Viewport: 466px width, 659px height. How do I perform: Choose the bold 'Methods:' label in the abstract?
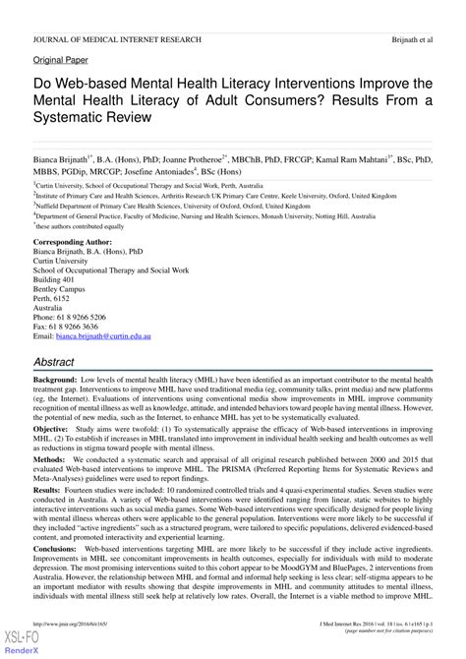coord(50,458)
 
